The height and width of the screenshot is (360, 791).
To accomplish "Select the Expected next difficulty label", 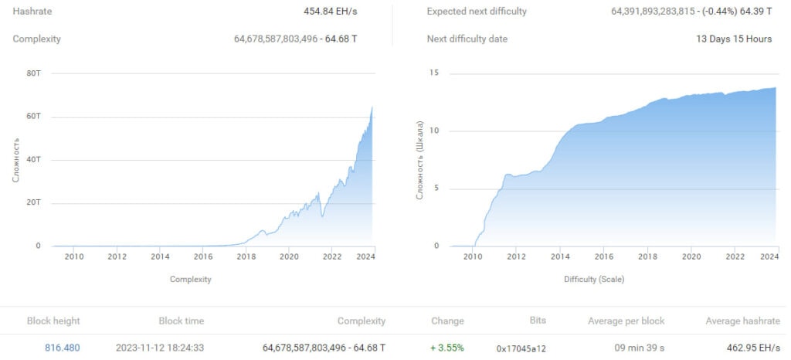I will coord(477,12).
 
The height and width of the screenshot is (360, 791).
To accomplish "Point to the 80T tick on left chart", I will coord(33,73).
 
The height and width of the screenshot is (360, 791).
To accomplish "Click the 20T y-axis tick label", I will coord(33,203).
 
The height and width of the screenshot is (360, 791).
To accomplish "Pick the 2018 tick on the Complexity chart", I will coord(246,257).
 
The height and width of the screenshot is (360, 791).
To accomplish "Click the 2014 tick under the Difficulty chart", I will coord(561,257).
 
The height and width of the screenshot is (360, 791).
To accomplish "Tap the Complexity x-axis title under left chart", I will coord(190,279).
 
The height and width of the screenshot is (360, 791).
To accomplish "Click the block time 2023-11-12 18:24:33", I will coord(160,348).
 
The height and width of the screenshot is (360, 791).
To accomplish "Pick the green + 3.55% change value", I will coord(447,348).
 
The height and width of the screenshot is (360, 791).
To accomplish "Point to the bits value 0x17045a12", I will coord(521,348).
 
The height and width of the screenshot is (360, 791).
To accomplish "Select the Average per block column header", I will coord(626,321).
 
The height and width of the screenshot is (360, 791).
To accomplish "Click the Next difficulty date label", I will coord(467,39).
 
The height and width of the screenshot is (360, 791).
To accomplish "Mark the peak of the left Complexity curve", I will coord(372,107).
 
